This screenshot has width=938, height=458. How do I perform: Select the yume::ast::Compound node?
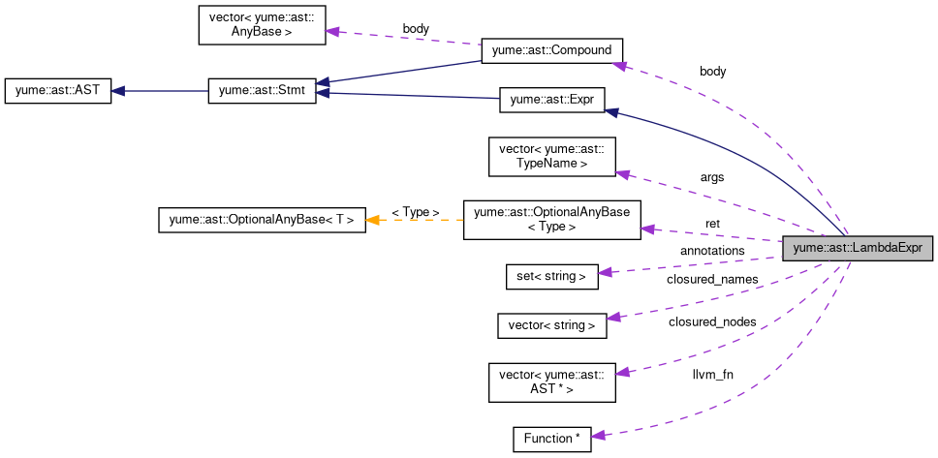pos(551,51)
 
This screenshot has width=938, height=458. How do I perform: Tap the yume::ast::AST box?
pos(57,92)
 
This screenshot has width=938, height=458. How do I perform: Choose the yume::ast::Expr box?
pos(551,99)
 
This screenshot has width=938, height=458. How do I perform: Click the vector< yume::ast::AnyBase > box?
pos(262,24)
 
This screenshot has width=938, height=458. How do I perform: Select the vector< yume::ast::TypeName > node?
pos(551,156)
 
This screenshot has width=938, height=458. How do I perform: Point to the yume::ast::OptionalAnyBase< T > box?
pos(261,219)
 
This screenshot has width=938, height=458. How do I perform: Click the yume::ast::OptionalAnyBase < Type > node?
pos(551,219)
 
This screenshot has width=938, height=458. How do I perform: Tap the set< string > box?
pos(551,276)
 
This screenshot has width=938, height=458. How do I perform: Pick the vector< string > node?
pos(551,325)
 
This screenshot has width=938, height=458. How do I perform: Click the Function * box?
pos(551,439)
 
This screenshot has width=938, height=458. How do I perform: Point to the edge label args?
pos(712,177)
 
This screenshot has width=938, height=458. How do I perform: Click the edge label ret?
pos(712,224)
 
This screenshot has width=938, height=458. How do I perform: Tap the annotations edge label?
pos(712,251)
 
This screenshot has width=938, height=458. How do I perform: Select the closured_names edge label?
pos(712,280)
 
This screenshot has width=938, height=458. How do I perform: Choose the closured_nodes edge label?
pos(712,321)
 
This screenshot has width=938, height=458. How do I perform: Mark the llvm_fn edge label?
pos(712,373)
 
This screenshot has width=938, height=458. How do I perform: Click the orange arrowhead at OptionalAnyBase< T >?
pos(373,220)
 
